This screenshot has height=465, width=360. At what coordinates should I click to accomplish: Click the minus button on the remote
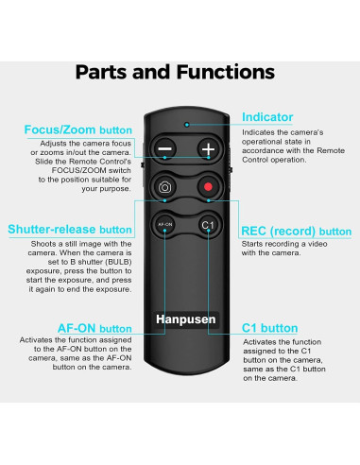(x=164, y=149)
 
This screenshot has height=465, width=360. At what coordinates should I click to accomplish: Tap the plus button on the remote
(x=208, y=149)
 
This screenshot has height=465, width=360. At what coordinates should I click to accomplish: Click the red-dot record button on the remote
(x=208, y=187)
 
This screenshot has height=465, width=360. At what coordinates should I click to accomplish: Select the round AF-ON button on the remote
(x=164, y=225)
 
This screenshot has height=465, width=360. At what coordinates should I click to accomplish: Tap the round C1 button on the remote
(x=208, y=225)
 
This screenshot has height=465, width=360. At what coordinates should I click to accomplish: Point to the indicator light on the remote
(x=187, y=124)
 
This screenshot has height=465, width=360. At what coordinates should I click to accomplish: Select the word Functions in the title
(x=220, y=72)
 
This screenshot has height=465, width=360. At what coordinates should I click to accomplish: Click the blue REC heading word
(x=256, y=231)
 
